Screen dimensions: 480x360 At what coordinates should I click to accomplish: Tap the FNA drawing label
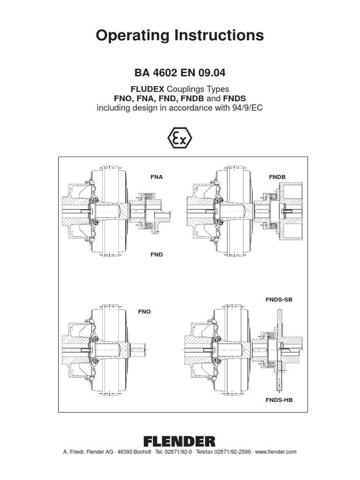(157, 177)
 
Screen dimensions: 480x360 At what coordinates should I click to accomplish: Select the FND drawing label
(157, 255)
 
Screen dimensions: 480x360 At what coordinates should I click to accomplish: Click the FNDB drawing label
(277, 177)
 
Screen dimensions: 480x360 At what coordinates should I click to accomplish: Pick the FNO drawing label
(144, 311)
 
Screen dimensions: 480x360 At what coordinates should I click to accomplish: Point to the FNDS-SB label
(279, 300)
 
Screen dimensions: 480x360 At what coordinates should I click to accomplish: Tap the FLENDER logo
(180, 441)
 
